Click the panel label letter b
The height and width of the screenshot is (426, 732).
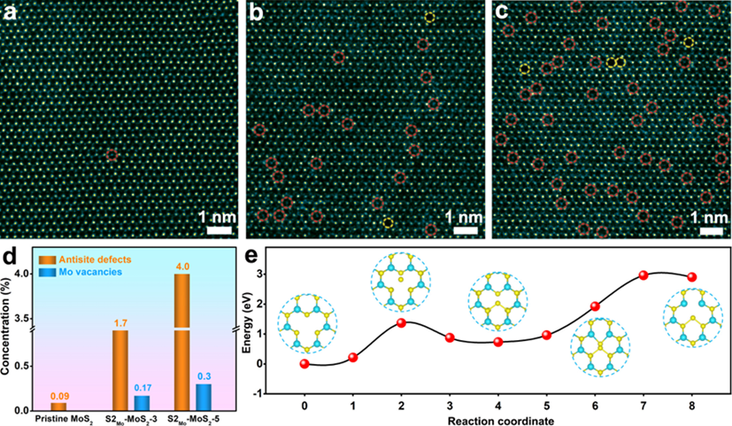[256, 12]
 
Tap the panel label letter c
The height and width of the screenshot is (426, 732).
[501, 12]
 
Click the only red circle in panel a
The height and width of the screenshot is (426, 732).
[112, 155]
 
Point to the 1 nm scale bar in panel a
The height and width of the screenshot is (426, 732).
[219, 229]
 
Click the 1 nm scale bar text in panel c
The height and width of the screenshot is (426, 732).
[705, 215]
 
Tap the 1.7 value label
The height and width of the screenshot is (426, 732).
[121, 323]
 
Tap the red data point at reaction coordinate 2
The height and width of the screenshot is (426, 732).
[402, 322]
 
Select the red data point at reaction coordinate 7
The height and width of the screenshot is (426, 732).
[643, 275]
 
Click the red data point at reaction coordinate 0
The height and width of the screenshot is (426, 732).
[305, 363]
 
